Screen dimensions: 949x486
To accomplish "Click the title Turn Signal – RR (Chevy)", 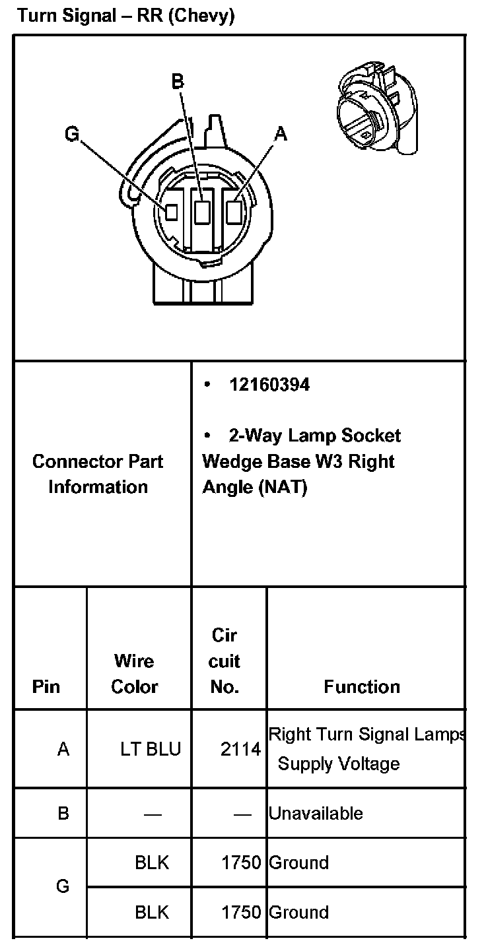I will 125,16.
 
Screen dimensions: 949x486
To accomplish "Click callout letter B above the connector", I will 177,82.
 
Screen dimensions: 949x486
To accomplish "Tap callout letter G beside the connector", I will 72,135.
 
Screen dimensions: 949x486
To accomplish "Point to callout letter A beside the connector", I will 281,134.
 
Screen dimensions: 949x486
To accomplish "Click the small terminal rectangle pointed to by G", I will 171,212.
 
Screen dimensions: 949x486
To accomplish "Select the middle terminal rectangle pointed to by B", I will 203,211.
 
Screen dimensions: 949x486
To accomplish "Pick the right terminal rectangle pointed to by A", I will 234,212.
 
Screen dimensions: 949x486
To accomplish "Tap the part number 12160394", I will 269,385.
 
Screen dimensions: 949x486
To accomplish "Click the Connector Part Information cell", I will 98,474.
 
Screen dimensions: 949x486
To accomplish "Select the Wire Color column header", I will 134,674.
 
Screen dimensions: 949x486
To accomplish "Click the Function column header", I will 362,687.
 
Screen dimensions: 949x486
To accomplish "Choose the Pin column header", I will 46,687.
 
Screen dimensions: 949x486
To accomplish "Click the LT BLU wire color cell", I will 150,750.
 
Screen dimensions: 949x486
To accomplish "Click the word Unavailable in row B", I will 316,813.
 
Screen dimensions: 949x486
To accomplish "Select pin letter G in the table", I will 63,886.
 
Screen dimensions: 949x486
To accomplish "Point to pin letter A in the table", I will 63,750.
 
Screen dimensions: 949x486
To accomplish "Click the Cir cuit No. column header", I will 225,661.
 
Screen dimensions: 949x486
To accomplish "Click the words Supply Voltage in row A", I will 338,764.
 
